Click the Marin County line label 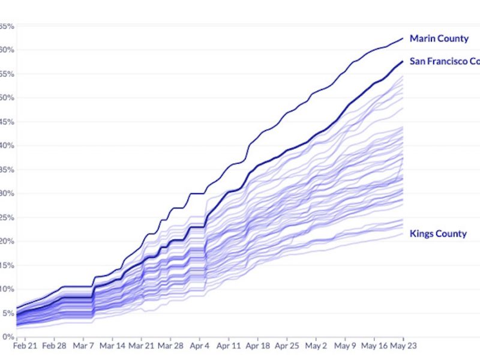(x=439, y=39)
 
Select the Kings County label (x=437, y=234)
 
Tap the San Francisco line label (x=444, y=61)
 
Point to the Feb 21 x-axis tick (x=25, y=346)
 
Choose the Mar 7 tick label (x=83, y=346)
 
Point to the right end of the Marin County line (x=403, y=38)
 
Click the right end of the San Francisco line (x=403, y=61)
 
